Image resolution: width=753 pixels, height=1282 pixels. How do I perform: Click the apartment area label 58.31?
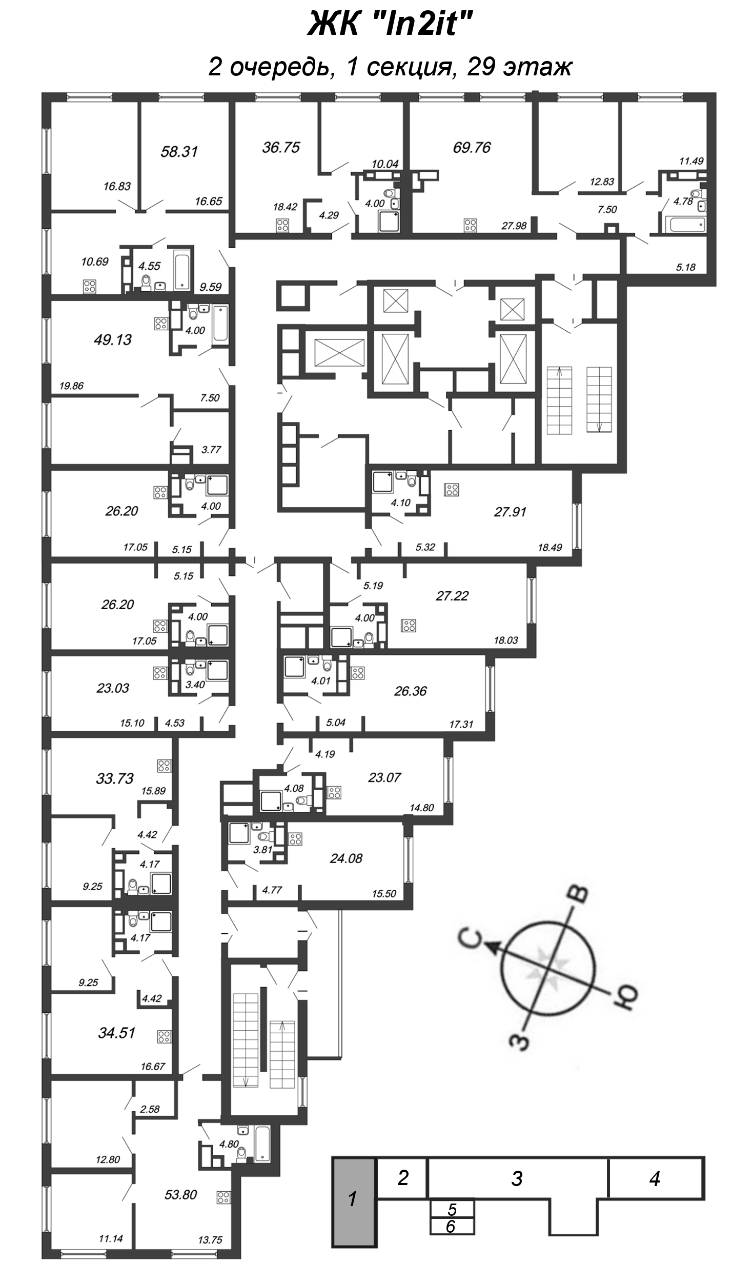point(179,152)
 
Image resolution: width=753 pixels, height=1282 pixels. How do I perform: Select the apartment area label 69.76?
point(472,148)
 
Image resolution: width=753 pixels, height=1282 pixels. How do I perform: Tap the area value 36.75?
point(281,148)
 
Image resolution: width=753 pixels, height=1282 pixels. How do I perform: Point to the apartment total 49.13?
point(113,339)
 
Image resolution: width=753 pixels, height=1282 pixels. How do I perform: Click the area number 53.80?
point(180,1194)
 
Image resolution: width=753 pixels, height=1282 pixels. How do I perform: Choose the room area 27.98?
point(514,226)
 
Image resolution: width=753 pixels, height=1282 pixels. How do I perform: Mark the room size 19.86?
point(71,386)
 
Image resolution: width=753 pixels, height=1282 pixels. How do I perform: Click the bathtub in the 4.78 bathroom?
point(685,225)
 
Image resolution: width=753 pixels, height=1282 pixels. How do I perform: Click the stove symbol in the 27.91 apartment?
point(452,490)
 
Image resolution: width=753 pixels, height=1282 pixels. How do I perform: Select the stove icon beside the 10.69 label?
point(90,287)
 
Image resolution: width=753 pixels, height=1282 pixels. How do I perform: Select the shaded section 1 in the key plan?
point(353,1199)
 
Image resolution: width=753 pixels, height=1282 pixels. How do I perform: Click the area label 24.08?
point(346,858)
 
